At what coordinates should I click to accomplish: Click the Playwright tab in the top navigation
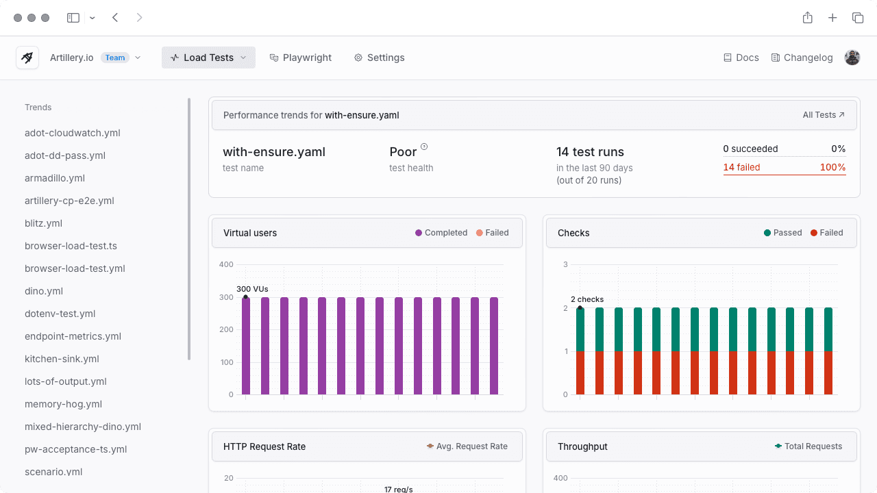(x=301, y=58)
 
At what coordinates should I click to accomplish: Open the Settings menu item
(x=379, y=58)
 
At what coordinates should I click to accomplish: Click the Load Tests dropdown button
(x=208, y=58)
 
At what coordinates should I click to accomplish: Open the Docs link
(x=741, y=58)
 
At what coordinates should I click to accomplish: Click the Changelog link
(x=802, y=58)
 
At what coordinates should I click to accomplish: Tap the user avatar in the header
(x=852, y=58)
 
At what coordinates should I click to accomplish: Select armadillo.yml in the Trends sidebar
(x=55, y=178)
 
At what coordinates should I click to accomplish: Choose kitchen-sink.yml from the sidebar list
(x=62, y=359)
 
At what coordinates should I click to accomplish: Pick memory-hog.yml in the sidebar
(x=63, y=404)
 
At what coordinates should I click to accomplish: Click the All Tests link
(x=824, y=115)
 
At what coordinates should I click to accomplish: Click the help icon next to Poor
(x=424, y=147)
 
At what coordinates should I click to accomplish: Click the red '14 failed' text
(x=741, y=167)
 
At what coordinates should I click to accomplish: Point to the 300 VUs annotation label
(x=252, y=289)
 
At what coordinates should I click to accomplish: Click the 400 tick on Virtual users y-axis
(x=226, y=264)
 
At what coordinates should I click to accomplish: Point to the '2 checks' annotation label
(x=587, y=299)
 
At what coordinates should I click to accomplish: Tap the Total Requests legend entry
(x=808, y=446)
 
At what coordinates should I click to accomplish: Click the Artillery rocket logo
(x=27, y=58)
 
